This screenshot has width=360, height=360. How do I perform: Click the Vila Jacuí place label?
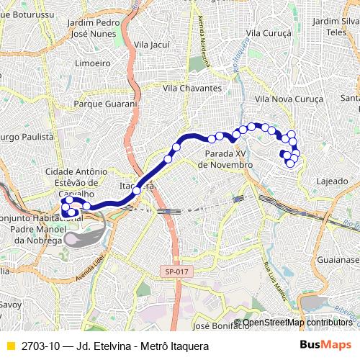pos(151,45)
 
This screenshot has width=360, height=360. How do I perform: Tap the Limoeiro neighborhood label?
pos(87,63)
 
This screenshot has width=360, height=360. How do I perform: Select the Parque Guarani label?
pos(105,104)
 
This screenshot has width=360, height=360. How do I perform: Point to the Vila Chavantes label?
pos(192,88)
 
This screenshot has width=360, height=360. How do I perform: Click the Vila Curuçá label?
pos(268,33)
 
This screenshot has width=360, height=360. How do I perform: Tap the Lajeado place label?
pos(332,181)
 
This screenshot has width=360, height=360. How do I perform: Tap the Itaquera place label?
pos(137,185)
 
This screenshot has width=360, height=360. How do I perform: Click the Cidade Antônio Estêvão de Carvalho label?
pos(76,183)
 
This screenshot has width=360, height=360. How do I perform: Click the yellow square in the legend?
pos(10,346)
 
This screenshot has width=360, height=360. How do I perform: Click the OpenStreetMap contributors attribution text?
pos(297,322)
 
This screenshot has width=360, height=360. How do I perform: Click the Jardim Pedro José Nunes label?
pos(92,28)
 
